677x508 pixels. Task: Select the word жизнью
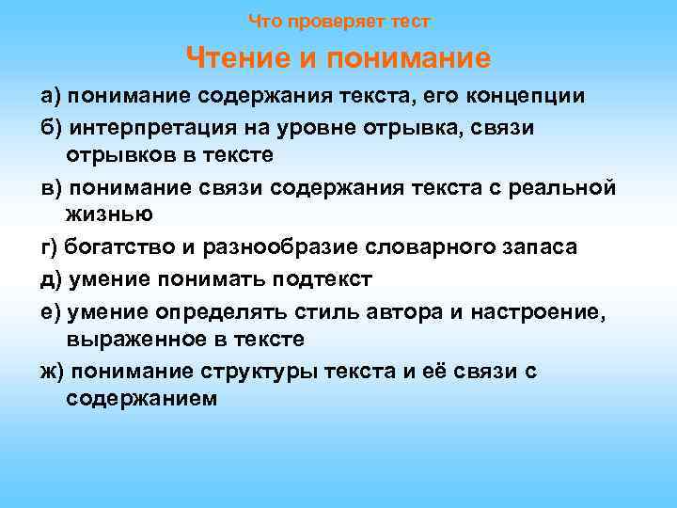tap(110, 214)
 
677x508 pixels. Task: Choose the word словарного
tap(433, 247)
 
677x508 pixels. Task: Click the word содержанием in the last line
tap(142, 398)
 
